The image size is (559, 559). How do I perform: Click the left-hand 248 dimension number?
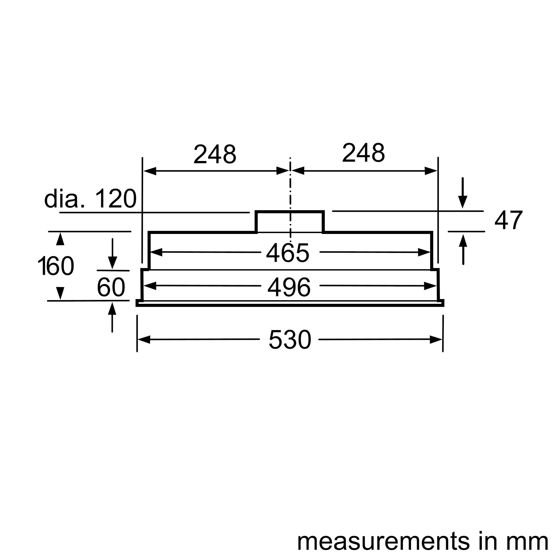pyautogui.click(x=215, y=154)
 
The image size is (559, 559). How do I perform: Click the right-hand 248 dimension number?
pyautogui.click(x=363, y=153)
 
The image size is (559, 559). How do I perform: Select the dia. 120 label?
pyautogui.click(x=90, y=199)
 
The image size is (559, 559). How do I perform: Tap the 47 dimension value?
pyautogui.click(x=508, y=221)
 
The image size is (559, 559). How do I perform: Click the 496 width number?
pyautogui.click(x=289, y=287)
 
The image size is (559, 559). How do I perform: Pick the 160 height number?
pyautogui.click(x=56, y=266)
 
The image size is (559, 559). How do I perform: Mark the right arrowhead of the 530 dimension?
pyautogui.click(x=436, y=340)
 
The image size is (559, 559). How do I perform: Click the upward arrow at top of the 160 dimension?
pyautogui.click(x=60, y=239)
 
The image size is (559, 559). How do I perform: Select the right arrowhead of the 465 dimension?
pyautogui.click(x=425, y=253)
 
